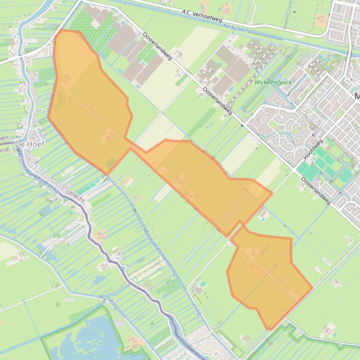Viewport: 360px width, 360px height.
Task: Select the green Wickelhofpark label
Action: coord(273,82)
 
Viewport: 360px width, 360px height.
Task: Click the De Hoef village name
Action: coord(29,144)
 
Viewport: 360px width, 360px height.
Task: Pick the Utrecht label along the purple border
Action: coord(76,196)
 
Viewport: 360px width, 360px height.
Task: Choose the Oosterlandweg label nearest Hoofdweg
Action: coord(316,190)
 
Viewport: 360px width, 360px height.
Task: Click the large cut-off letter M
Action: coord(357,97)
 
